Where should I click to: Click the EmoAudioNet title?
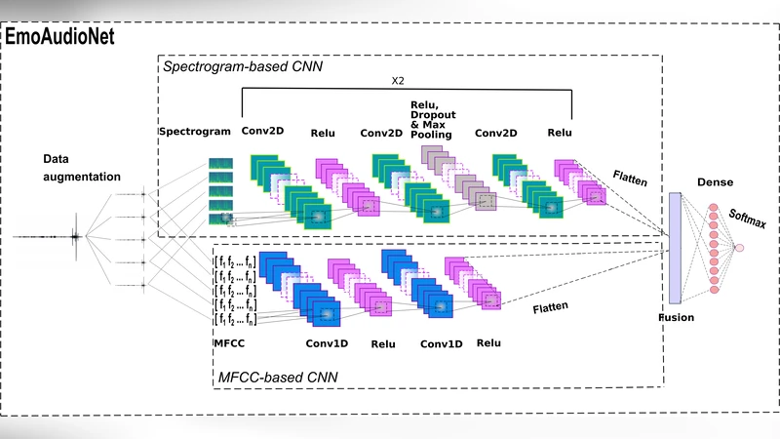click(60, 36)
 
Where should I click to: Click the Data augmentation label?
click(82, 168)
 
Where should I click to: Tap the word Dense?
click(714, 182)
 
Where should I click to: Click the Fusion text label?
click(677, 317)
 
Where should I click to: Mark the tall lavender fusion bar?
click(675, 248)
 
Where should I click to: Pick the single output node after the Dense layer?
click(739, 248)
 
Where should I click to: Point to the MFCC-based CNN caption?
click(278, 375)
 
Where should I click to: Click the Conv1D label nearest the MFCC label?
click(327, 343)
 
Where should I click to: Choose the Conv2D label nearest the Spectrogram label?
click(263, 132)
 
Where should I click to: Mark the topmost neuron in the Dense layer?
click(713, 208)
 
